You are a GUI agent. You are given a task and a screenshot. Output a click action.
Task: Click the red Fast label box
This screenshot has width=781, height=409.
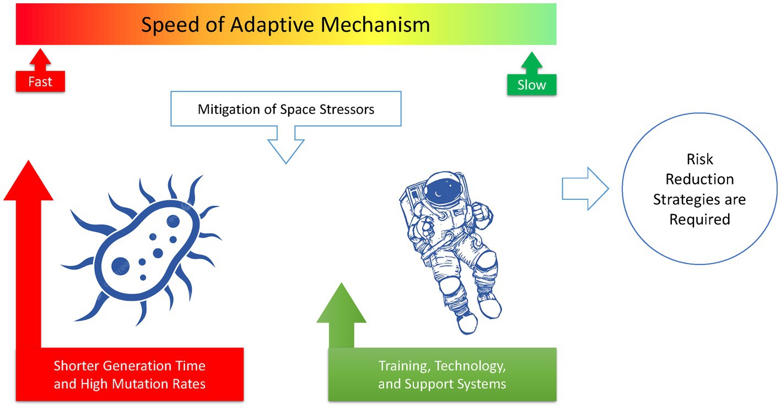point(40,81)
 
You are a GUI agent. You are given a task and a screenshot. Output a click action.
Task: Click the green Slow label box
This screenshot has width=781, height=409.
point(531,85)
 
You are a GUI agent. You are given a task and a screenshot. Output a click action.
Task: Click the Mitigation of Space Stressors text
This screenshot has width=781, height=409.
point(286,109)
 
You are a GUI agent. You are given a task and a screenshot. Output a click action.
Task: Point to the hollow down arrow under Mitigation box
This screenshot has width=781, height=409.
point(286,146)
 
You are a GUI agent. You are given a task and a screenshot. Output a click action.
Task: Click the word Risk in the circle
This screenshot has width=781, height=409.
point(699,160)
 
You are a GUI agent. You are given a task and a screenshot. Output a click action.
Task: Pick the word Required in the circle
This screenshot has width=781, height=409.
point(699,219)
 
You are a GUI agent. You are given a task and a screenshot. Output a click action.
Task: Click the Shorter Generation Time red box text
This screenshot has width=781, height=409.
point(130,374)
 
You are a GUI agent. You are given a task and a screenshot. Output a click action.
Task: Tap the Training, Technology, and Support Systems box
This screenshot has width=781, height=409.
point(442,374)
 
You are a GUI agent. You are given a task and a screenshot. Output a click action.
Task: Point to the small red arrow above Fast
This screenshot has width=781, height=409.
point(40,58)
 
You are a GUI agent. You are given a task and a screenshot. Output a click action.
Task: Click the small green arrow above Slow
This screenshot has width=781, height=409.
point(531,62)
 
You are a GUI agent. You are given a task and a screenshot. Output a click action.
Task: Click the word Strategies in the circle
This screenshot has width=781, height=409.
point(699,199)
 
